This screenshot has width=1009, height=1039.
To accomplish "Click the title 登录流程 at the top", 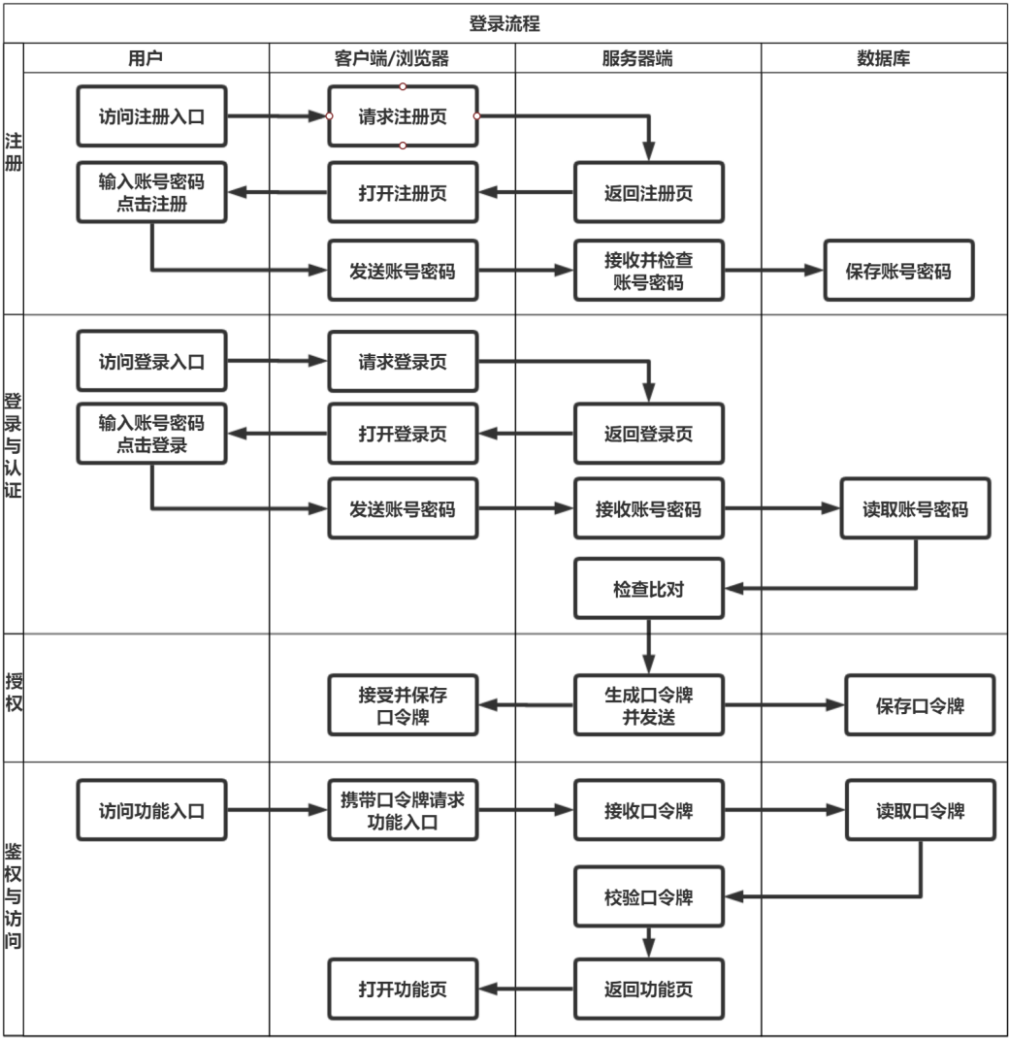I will click(504, 24).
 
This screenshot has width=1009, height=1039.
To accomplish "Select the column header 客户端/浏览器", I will click(391, 58).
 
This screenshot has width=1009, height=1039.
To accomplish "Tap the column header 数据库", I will click(883, 58).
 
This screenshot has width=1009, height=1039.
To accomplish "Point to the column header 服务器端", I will click(637, 58).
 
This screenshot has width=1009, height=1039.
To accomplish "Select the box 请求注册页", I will click(403, 116).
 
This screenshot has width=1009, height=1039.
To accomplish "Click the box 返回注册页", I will click(648, 192).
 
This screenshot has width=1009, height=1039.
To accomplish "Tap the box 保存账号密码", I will click(898, 271).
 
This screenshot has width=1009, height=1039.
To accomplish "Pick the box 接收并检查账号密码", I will click(648, 271).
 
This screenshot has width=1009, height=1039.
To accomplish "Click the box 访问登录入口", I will click(151, 362).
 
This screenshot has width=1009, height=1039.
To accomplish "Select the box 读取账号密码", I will click(915, 507).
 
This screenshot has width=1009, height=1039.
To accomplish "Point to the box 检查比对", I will click(648, 588).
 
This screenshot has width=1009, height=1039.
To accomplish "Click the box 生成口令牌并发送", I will click(648, 705).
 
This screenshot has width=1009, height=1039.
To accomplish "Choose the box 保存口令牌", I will click(919, 705).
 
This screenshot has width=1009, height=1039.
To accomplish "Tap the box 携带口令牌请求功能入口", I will click(403, 810).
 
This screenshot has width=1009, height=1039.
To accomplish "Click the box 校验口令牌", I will click(648, 896).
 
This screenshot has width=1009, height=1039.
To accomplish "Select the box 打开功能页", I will click(403, 989).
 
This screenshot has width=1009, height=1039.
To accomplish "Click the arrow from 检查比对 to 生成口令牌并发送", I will click(648, 646).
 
